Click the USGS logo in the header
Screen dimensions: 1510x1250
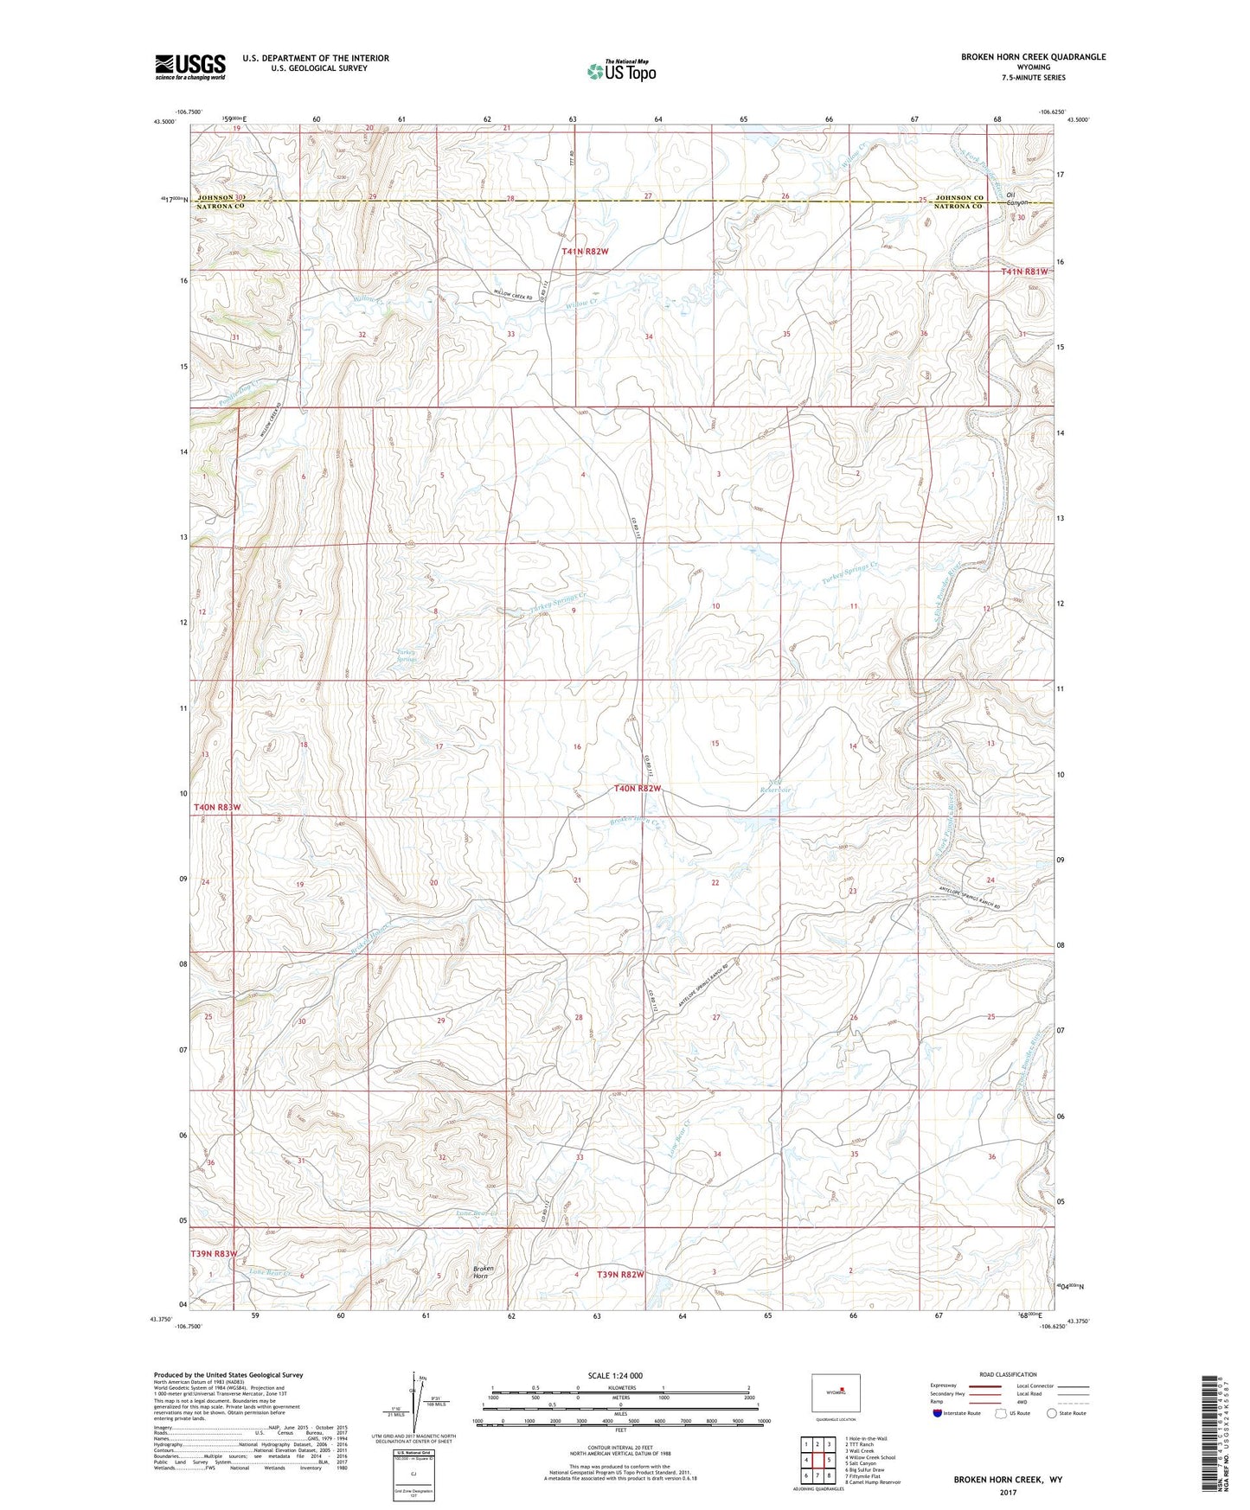(189, 67)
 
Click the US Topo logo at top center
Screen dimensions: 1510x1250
(621, 71)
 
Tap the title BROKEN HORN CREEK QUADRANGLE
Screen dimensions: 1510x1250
(1033, 57)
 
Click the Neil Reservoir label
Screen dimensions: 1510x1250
(775, 786)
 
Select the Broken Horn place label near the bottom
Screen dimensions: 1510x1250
(483, 1273)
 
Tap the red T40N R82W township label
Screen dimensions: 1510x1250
(638, 789)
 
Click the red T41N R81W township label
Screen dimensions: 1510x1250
(1024, 272)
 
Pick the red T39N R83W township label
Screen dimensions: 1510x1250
(214, 1253)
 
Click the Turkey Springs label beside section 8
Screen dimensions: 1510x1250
(407, 656)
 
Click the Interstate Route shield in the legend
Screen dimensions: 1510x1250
(938, 1413)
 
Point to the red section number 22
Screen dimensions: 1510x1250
(715, 882)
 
